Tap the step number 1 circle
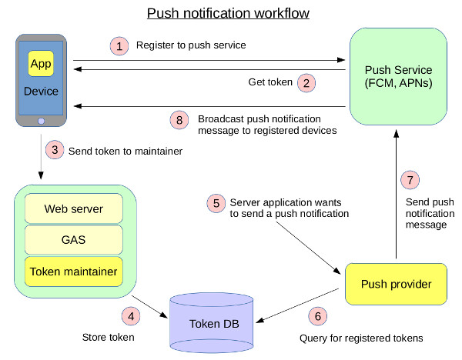click(119, 45)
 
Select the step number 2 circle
click(306, 82)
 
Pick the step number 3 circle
click(54, 151)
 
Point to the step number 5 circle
click(216, 204)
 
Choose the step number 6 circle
click(317, 315)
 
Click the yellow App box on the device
click(41, 64)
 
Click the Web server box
click(74, 208)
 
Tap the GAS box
click(74, 239)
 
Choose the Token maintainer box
click(74, 271)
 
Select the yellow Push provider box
click(397, 285)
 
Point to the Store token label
click(108, 338)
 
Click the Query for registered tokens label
click(360, 338)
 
